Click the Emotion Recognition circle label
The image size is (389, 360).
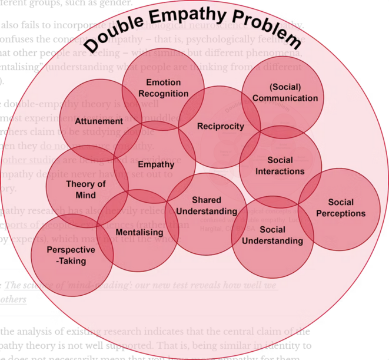coord(164,88)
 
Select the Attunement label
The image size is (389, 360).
coord(99,121)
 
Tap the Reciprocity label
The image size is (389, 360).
coord(220,126)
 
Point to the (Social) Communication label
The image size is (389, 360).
coord(285,93)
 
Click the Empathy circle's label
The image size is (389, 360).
coord(156,164)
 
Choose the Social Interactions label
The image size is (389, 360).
coord(280,166)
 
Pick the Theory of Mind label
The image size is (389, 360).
coord(86,189)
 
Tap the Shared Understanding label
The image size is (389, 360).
coord(207,206)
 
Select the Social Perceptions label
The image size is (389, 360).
coord(341,208)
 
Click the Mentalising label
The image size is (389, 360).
coord(139,233)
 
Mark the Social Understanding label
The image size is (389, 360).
coord(272,235)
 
